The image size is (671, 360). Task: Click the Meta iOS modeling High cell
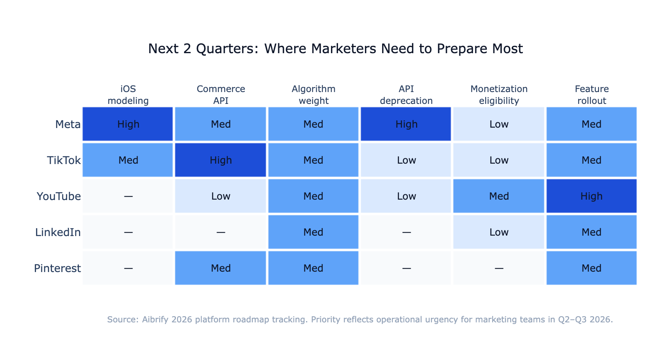tap(128, 124)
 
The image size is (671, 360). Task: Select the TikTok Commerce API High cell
tap(221, 160)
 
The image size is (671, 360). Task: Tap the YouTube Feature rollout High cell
tap(591, 196)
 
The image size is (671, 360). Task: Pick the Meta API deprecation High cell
tap(406, 124)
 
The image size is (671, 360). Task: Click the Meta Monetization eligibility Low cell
tap(499, 124)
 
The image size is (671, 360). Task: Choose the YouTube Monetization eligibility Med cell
tap(499, 196)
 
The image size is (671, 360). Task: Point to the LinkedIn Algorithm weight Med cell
tap(313, 232)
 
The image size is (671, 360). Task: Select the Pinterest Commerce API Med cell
tap(221, 268)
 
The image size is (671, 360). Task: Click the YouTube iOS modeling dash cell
tap(128, 196)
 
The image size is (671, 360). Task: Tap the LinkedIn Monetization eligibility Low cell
tap(499, 232)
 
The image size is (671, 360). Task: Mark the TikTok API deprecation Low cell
tap(406, 160)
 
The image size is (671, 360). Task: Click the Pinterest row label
tap(57, 268)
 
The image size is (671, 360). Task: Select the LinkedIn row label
tap(58, 232)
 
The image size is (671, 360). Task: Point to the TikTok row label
tap(64, 160)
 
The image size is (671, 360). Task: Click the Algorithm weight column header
tap(313, 95)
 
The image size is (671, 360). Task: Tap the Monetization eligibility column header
tap(499, 95)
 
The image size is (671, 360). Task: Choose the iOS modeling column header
tap(128, 95)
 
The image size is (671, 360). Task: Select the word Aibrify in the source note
tap(155, 319)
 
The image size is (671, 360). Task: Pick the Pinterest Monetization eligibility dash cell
tap(499, 268)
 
